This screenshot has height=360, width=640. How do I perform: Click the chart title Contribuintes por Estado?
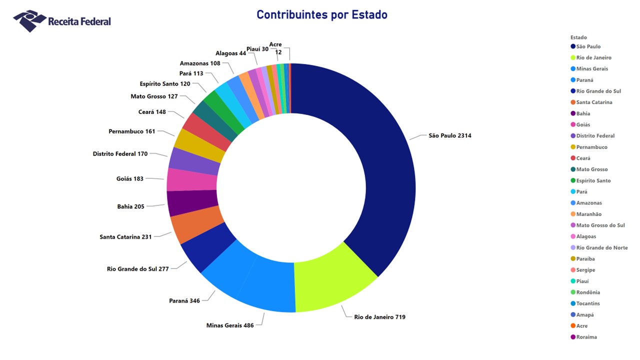pyautogui.click(x=321, y=14)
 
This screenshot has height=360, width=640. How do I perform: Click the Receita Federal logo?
pyautogui.click(x=62, y=21)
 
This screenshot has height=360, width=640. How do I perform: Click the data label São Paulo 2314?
pyautogui.click(x=449, y=135)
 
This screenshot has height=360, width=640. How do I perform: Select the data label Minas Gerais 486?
pyautogui.click(x=230, y=325)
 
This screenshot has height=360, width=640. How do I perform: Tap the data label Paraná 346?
pyautogui.click(x=184, y=301)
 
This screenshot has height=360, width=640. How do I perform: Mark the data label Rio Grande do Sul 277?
pyautogui.click(x=138, y=269)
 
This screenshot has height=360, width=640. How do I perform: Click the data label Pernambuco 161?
pyautogui.click(x=132, y=131)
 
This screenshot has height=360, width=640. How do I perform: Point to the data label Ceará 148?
pyautogui.click(x=152, y=112)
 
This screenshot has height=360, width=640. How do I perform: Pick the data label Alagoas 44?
pyautogui.click(x=230, y=53)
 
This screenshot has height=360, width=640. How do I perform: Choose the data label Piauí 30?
pyautogui.click(x=257, y=49)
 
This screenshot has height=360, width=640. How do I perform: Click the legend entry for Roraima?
pyautogui.click(x=586, y=337)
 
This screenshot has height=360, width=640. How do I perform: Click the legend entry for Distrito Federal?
pyautogui.click(x=595, y=136)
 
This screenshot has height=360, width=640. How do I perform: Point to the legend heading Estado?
pyautogui.click(x=578, y=37)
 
